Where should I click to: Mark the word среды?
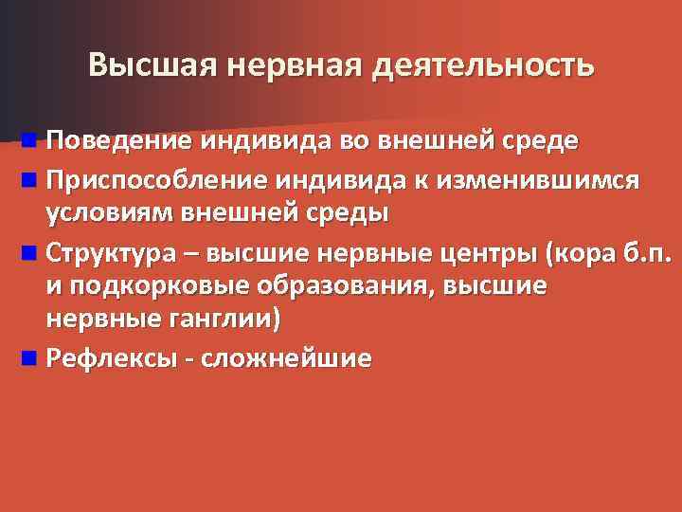click(349, 210)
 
